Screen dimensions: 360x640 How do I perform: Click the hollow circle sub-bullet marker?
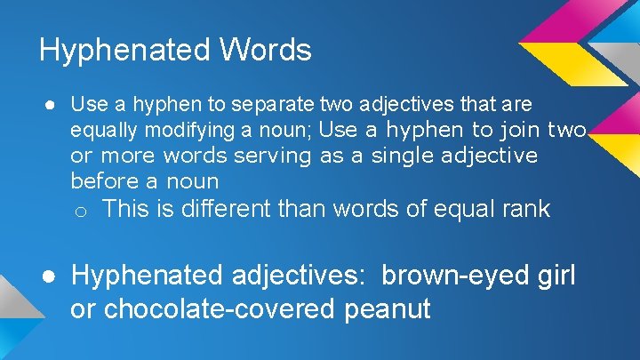click(x=80, y=212)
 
